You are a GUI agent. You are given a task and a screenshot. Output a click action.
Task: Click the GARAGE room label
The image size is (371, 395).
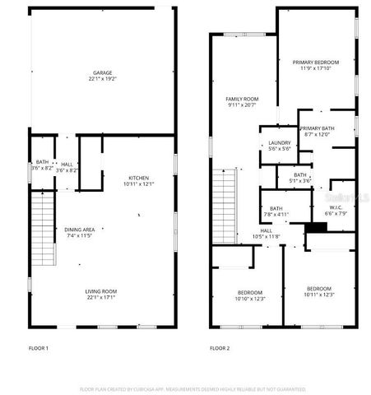(102, 73)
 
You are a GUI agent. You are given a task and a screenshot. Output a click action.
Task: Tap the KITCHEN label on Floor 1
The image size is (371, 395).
(138, 178)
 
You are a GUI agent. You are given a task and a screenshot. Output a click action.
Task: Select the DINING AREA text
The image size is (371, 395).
(80, 230)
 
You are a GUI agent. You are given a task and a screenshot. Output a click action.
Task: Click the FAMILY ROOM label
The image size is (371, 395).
(241, 99)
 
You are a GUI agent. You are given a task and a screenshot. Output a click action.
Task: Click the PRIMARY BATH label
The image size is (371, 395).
(317, 128)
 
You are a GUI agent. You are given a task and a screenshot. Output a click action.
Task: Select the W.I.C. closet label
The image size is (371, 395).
(336, 207)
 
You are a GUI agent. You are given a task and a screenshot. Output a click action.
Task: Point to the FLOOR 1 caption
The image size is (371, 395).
(39, 349)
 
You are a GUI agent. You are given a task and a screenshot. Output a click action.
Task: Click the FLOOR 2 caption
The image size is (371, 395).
(220, 349)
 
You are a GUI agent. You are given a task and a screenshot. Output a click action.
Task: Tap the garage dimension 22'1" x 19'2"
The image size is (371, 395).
(102, 80)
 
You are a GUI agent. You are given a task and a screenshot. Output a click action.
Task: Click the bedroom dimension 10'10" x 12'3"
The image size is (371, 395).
(250, 299)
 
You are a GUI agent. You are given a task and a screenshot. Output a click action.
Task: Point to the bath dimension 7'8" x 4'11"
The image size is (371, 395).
(276, 215)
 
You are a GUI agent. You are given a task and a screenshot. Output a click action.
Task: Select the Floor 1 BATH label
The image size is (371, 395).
(41, 162)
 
